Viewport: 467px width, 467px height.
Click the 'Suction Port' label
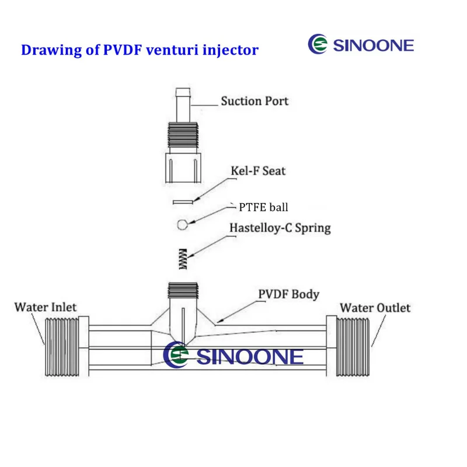pos(255,101)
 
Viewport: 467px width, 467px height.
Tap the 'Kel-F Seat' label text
pos(258,171)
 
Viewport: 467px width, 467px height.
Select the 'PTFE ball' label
pos(263,207)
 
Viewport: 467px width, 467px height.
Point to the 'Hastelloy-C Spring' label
pos(280,228)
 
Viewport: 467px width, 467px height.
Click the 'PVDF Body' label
pos(288,294)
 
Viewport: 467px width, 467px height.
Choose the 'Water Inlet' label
pos(46,307)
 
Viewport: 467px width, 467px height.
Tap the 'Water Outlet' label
pos(375,308)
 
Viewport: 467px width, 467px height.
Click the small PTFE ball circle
pos(182,225)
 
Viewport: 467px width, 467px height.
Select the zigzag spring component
pos(183,259)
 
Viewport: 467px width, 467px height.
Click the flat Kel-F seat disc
pos(183,202)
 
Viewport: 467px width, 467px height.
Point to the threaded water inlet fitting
pos(62,347)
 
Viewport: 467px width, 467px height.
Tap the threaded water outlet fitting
pos(353,347)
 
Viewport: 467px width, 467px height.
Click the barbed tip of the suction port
pos(183,92)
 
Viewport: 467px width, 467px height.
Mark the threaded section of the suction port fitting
pos(183,135)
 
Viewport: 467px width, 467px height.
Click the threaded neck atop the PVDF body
pos(183,291)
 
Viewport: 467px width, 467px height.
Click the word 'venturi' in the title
pos(172,50)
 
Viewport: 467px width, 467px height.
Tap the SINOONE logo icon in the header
pos(318,44)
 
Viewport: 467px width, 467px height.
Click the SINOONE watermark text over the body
pos(250,357)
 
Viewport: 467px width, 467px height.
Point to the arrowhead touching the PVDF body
pos(219,320)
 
